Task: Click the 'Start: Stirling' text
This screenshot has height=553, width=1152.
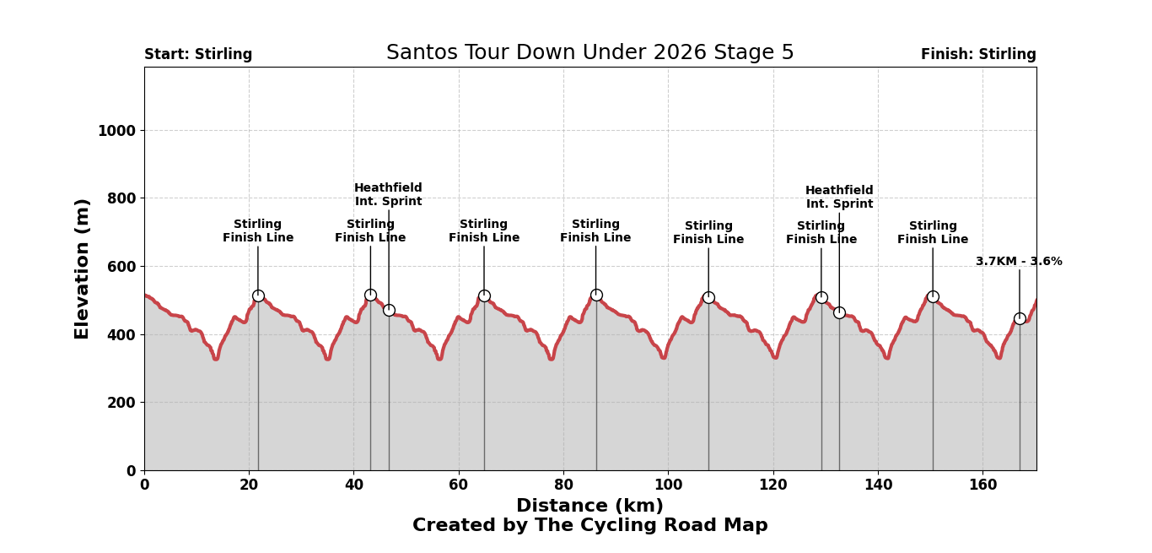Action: pos(198,55)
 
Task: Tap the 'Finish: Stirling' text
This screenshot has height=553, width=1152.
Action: pos(978,55)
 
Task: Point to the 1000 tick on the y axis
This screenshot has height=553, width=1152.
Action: pos(116,131)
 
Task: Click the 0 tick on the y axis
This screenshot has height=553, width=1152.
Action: pos(131,471)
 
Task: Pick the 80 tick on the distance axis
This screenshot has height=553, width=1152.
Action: pos(563,485)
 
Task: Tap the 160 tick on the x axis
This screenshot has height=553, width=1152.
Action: pos(982,485)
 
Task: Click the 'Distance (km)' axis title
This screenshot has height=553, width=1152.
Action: pos(589,506)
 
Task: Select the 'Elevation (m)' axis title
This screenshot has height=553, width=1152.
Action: pos(83,268)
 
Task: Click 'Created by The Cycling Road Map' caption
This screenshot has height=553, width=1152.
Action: pos(589,526)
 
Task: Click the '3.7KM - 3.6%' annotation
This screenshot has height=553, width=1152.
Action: pos(1019,262)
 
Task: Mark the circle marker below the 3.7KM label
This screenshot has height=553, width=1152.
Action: pos(1020,318)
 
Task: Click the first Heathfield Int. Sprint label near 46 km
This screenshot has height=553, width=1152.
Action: pos(388,195)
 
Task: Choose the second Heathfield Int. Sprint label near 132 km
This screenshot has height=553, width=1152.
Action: pos(839,198)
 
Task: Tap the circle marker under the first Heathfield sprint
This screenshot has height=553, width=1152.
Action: pos(389,310)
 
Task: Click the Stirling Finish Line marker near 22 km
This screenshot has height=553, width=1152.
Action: pos(258,295)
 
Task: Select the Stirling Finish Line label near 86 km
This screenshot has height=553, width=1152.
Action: pos(595,231)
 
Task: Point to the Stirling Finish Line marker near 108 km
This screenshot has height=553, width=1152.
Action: pos(708,297)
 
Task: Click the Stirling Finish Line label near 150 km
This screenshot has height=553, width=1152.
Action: pos(933,233)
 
